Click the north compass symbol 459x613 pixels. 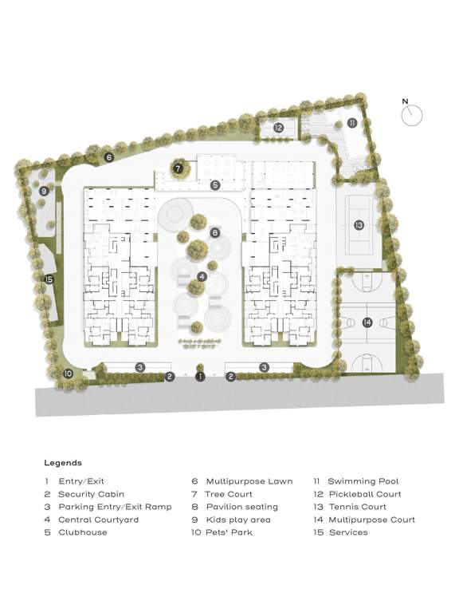point(412,115)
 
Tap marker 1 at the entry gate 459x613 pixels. point(201,376)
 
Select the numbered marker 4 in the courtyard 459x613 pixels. point(202,276)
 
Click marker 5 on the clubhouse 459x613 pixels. point(215,185)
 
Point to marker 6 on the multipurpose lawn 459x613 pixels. point(108,157)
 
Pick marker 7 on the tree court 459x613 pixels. point(178,168)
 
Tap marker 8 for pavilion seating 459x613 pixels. point(214,232)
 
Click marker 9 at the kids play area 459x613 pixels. point(45,192)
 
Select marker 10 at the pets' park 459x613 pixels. point(69,373)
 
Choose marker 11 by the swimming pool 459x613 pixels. point(351,123)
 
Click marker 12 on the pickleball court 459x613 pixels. point(278,128)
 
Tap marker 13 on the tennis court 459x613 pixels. point(359,225)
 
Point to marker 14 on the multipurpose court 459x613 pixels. point(367,322)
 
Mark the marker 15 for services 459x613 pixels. point(49,279)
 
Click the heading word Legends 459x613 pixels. point(63,462)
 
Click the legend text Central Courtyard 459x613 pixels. point(98,520)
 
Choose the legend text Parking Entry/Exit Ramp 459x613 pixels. point(115,507)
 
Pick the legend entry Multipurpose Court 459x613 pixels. point(371,520)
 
